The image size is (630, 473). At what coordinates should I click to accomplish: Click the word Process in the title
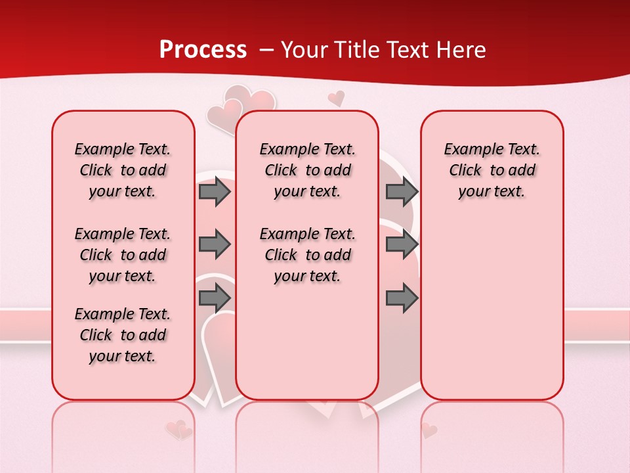tap(203, 50)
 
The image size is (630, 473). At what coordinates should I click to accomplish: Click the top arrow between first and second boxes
tap(215, 192)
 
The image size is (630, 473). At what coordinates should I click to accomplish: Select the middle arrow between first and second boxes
tap(215, 245)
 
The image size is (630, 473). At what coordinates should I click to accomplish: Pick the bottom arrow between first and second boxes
tap(215, 298)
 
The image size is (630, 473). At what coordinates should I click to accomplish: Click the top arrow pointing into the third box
tap(402, 192)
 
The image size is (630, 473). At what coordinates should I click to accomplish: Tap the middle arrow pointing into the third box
tap(402, 245)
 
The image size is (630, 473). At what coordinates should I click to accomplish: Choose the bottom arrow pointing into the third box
tap(402, 298)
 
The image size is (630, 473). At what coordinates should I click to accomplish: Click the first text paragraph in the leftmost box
tap(123, 170)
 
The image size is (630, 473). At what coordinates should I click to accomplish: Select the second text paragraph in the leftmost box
tap(123, 255)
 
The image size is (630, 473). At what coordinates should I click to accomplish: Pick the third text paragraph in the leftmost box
tap(123, 335)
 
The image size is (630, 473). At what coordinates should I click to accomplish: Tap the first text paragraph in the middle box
tap(307, 170)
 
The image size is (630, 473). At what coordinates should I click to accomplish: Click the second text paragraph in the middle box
tap(307, 255)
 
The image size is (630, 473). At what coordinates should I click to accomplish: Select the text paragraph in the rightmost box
tap(492, 170)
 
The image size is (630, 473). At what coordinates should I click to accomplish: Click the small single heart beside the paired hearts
tap(336, 99)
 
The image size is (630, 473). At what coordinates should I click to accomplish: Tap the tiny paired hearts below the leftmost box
tap(178, 430)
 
